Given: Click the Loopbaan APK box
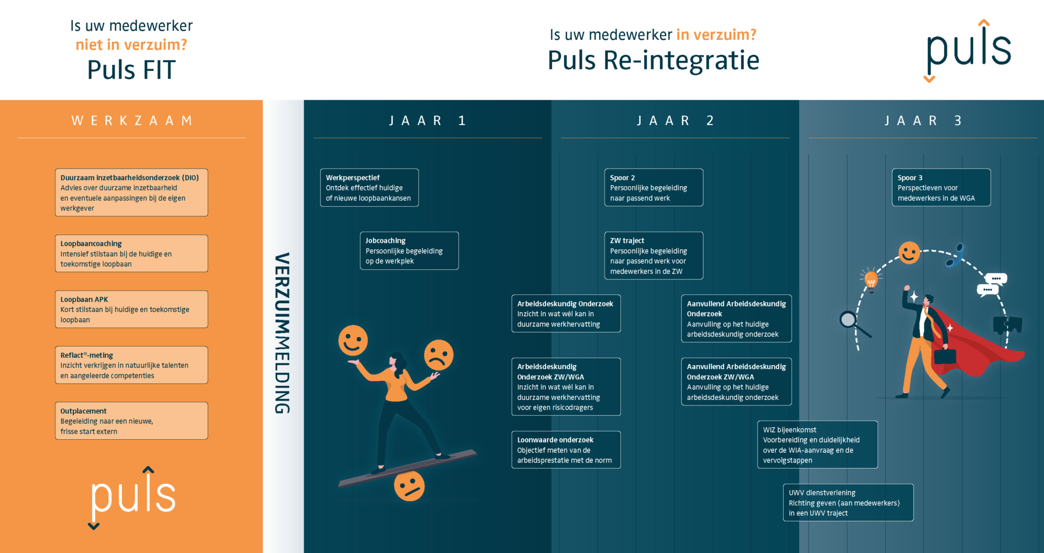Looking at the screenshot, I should (131, 309).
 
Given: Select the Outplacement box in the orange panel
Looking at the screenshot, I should (131, 421).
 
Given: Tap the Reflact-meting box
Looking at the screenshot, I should (131, 365).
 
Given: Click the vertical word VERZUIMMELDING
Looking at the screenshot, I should (282, 333).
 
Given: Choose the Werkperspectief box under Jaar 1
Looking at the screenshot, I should (369, 188).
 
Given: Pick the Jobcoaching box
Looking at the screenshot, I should (409, 250).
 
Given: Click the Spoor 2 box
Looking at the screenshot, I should (654, 188).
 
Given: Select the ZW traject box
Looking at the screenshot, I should (654, 255).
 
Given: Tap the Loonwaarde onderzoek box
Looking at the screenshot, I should (565, 450).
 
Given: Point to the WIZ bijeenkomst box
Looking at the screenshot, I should (817, 445).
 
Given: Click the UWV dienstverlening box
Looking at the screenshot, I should (848, 502).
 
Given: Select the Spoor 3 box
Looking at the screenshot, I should (941, 188).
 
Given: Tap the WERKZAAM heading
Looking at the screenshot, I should (132, 121).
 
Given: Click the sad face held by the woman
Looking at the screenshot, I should (438, 355).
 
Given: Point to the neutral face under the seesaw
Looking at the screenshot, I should (409, 486).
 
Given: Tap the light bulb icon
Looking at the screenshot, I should (871, 280).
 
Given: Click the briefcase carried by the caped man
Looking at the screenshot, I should (945, 356).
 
